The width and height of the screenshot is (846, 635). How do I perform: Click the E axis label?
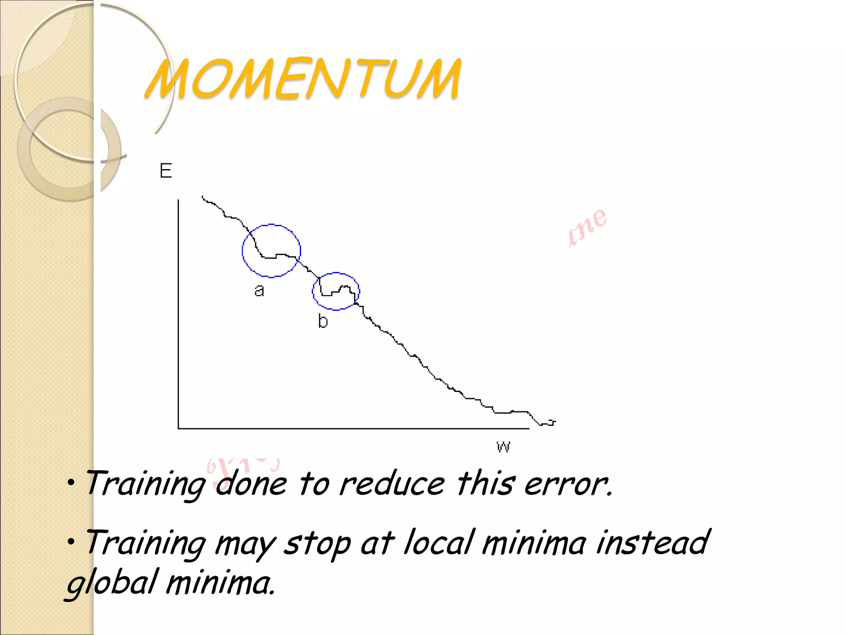(x=166, y=171)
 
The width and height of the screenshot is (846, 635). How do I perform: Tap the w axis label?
(x=503, y=446)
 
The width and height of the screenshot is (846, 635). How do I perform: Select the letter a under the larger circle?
(x=259, y=291)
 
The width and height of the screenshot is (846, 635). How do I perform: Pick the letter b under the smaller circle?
(x=323, y=321)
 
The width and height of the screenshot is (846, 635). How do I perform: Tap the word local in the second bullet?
(x=438, y=542)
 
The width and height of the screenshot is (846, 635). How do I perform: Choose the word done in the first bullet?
(x=251, y=484)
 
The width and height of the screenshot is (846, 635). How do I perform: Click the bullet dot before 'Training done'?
(x=71, y=482)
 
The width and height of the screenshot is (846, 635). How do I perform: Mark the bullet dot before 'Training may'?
(x=71, y=541)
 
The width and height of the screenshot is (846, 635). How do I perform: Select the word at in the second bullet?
(x=377, y=543)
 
